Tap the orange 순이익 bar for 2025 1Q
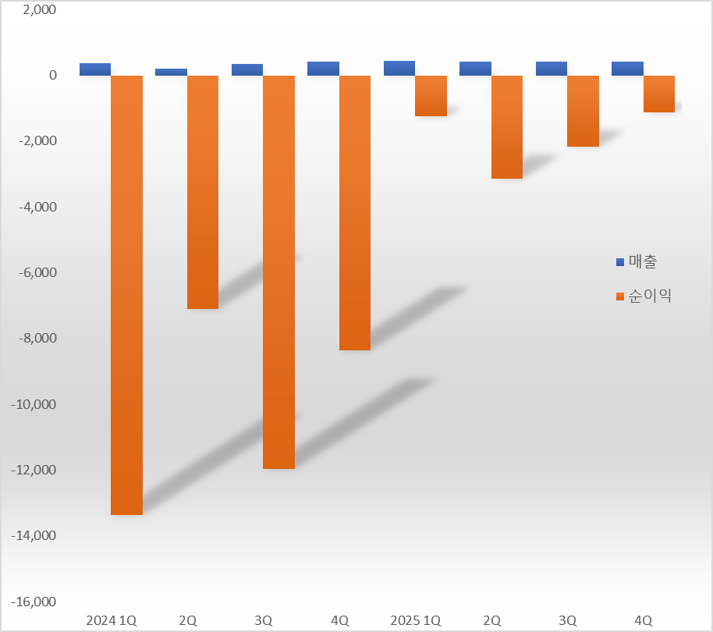pyautogui.click(x=431, y=96)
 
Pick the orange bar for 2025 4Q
pyautogui.click(x=659, y=94)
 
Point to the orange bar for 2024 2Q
pyautogui.click(x=203, y=192)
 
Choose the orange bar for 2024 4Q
pyautogui.click(x=355, y=212)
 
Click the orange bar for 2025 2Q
pyautogui.click(x=507, y=127)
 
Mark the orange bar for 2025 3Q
pyautogui.click(x=583, y=111)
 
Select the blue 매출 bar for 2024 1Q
pyautogui.click(x=95, y=69)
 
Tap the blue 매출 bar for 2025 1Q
pyautogui.click(x=399, y=69)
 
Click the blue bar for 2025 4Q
pyautogui.click(x=627, y=69)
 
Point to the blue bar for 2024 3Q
pyautogui.click(x=247, y=70)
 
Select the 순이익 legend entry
pyautogui.click(x=644, y=296)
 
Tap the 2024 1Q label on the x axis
pyautogui.click(x=111, y=620)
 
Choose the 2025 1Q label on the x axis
pyautogui.click(x=415, y=620)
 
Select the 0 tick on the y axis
pyautogui.click(x=53, y=76)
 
